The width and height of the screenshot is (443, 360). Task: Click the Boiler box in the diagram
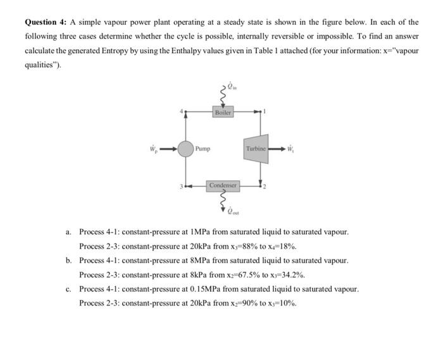coord(223,112)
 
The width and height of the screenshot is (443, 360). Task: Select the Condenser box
coord(223,185)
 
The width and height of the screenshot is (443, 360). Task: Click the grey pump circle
coord(185,149)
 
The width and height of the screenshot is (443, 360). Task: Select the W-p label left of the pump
coord(152,149)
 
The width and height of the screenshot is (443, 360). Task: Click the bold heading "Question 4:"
coord(45,22)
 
